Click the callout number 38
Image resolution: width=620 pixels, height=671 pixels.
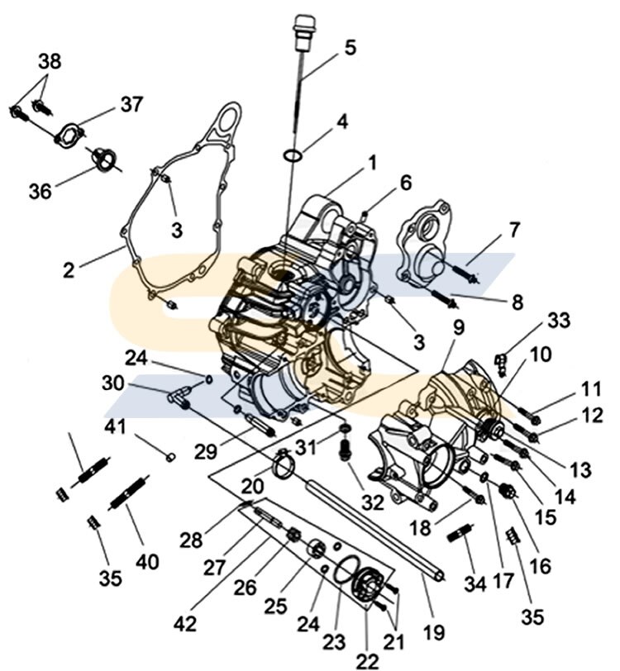50,62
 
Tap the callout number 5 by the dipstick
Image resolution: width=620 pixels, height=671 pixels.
351,47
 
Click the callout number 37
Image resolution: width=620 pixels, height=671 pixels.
131,105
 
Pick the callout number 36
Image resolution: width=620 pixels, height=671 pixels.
41,191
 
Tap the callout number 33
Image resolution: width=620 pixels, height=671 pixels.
559,319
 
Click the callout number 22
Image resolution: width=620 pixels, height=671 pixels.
369,659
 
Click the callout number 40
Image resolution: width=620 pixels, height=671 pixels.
148,562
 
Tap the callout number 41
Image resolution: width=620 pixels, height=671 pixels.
115,427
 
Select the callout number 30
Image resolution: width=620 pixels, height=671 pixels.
113,383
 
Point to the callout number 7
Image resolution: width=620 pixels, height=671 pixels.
515,230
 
